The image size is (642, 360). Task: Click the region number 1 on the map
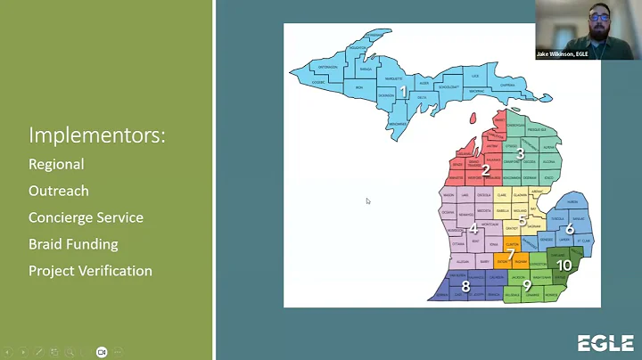403,91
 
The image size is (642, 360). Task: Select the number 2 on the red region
486,170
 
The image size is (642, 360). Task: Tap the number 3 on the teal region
520,153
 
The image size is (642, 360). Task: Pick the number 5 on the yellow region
523,219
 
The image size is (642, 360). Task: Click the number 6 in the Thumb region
570,229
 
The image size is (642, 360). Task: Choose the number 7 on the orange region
511,255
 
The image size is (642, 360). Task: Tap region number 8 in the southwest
465,286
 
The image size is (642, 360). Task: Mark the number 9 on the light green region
527,285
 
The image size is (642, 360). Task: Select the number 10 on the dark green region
564,265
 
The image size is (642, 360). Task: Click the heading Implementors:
97,135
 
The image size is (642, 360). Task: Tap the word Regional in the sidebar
56,164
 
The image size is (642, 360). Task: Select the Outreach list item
59,191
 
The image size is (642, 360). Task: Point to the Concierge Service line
86,217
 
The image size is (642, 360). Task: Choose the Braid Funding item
73,244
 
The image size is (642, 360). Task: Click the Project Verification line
90,271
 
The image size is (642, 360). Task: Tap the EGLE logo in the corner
605,343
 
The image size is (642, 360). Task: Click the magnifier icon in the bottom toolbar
70,352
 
